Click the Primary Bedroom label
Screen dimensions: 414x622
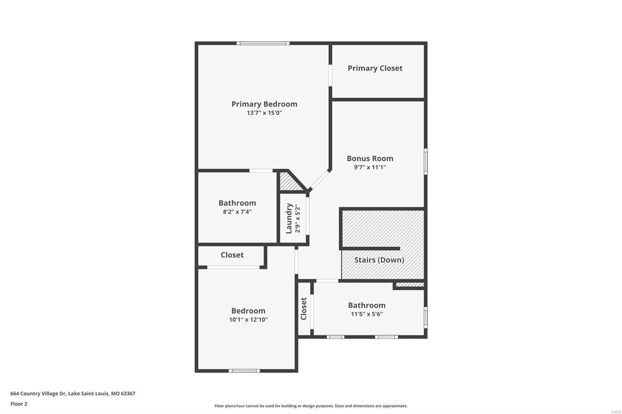tap(264, 104)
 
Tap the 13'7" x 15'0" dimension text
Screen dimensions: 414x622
tap(264, 113)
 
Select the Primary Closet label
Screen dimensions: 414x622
tap(375, 68)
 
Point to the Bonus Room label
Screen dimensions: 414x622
tap(370, 158)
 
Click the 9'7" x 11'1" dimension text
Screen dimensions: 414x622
tap(370, 167)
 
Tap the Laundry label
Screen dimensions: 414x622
tap(289, 219)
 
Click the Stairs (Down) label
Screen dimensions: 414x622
tap(379, 260)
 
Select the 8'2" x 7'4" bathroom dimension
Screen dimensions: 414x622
tap(237, 212)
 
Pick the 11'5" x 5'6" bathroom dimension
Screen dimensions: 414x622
tap(367, 314)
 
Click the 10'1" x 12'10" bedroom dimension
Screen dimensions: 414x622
tap(248, 320)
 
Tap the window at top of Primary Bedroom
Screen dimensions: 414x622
tap(263, 43)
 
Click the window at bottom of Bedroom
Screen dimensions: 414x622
tap(244, 371)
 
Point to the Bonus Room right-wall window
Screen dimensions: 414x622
tap(426, 161)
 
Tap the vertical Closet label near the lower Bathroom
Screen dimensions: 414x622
tap(304, 309)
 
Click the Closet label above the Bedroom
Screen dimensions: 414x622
tap(232, 255)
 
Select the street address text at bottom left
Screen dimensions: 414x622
tap(73, 393)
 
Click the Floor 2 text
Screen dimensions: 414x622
tap(19, 404)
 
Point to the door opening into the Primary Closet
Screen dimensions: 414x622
tap(330, 75)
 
